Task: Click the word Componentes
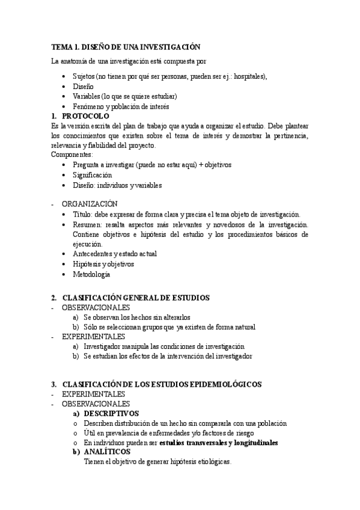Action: [x=72, y=155]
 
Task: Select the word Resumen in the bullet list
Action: [x=87, y=224]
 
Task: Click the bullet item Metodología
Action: [x=91, y=274]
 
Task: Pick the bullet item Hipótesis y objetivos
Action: [x=103, y=264]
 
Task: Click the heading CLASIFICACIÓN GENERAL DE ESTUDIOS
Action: [x=135, y=298]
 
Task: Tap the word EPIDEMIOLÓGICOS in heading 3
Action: [x=227, y=384]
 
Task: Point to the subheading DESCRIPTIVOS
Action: [x=111, y=413]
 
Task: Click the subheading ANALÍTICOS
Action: [x=105, y=452]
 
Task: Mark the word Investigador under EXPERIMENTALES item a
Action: [x=105, y=346]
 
